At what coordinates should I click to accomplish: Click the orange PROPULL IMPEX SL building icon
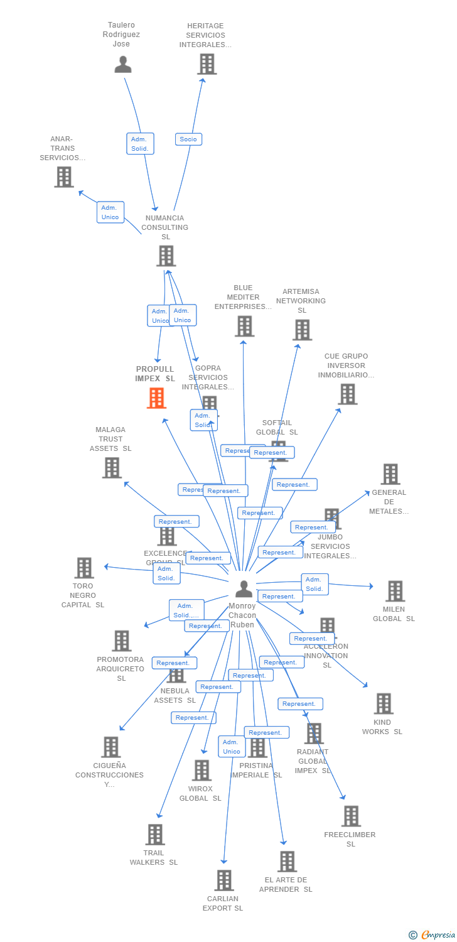[156, 398]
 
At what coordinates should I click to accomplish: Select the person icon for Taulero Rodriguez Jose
[123, 64]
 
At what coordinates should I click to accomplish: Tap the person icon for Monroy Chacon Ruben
[244, 589]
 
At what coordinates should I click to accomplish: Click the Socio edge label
[188, 139]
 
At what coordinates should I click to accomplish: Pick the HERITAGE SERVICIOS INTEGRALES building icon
[207, 64]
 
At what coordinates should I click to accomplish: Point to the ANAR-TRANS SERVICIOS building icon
[64, 177]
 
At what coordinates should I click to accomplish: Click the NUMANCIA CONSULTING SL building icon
[166, 256]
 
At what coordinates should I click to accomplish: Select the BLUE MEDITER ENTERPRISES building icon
[245, 326]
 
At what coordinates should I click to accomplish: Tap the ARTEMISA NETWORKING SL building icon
[302, 330]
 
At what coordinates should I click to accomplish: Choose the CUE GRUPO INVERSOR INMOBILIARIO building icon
[347, 394]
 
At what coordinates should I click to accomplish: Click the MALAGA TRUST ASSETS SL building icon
[112, 468]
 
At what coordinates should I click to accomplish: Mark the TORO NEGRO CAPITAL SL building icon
[83, 568]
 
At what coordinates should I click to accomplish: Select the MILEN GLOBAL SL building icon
[395, 591]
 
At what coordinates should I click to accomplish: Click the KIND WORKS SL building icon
[383, 704]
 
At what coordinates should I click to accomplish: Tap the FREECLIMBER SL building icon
[351, 816]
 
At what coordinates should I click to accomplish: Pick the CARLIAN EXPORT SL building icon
[224, 880]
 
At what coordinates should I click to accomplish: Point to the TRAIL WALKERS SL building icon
[155, 835]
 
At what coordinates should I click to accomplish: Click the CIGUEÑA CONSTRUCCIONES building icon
[110, 747]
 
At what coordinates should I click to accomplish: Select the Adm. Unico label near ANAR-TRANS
[110, 212]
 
